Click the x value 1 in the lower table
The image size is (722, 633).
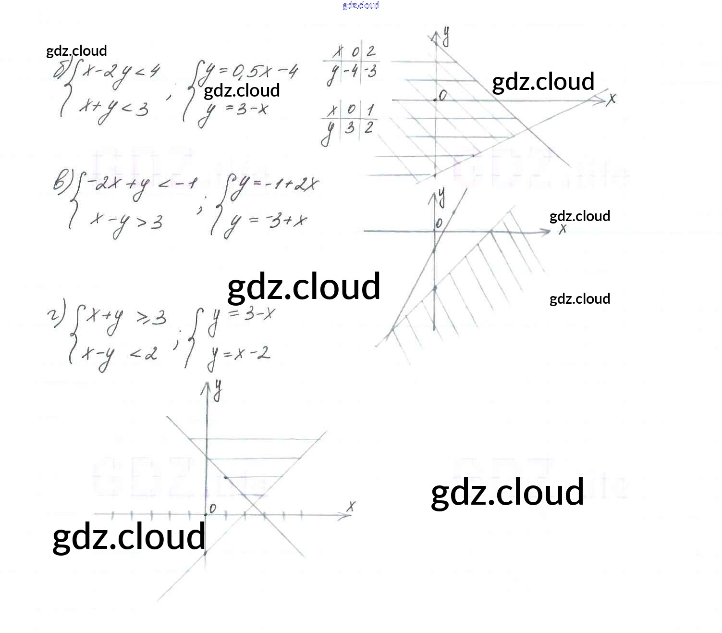(x=369, y=110)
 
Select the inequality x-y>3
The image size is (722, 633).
(x=126, y=222)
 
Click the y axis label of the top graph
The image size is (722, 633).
(x=446, y=37)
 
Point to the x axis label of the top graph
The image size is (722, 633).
(x=611, y=99)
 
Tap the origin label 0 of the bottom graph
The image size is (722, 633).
(x=213, y=508)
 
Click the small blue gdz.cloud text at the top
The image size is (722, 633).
(x=361, y=5)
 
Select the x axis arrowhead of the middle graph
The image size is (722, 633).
(x=546, y=232)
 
